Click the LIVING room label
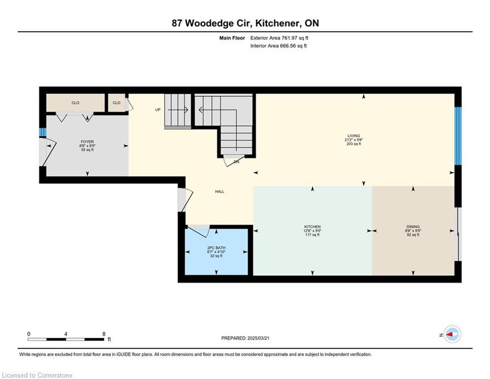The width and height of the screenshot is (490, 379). tap(354, 136)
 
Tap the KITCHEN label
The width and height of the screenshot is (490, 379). tap(313, 227)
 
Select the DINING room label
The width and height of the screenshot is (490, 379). tap(413, 227)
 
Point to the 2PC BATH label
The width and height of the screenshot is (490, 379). tap(216, 248)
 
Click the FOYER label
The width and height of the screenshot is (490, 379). tap(87, 142)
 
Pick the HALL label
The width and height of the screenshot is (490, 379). tap(220, 191)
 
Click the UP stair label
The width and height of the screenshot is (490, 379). tap(158, 110)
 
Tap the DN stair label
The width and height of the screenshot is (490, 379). tap(236, 162)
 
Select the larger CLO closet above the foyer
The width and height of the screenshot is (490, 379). tap(75, 103)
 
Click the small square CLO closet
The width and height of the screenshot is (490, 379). tap(117, 103)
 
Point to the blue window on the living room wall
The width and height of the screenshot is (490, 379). tap(458, 136)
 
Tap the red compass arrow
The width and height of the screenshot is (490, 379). tap(450, 335)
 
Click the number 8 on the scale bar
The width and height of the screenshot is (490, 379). tap(104, 334)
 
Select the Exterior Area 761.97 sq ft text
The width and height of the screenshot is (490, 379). tap(279, 38)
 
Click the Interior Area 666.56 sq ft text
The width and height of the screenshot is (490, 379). tap(278, 46)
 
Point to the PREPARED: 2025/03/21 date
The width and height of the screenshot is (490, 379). tap(245, 338)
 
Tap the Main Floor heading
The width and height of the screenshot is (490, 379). tap(232, 38)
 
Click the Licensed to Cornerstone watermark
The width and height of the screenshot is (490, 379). tap(37, 375)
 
